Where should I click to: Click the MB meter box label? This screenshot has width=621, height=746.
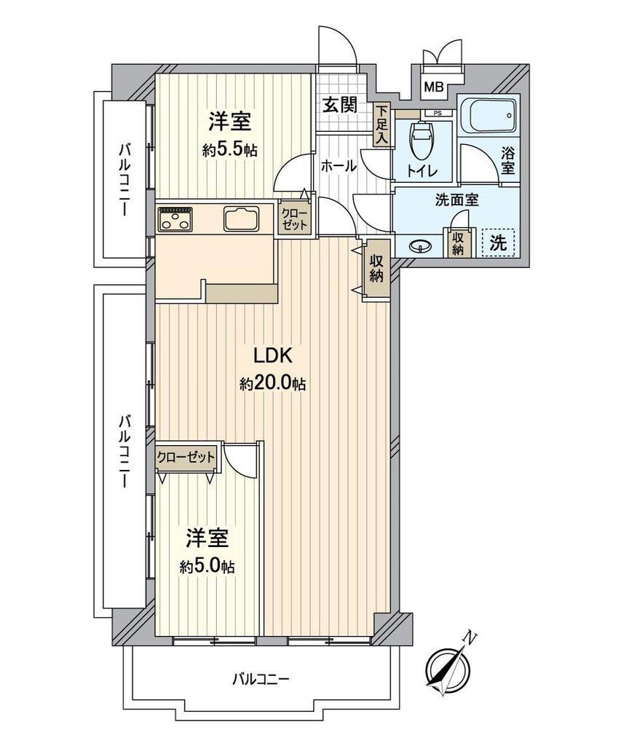(x=433, y=87)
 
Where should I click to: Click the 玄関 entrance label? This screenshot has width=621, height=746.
(x=340, y=105)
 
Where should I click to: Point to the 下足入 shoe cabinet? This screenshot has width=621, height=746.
(x=382, y=125)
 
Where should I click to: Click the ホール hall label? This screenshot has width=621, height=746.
(x=338, y=166)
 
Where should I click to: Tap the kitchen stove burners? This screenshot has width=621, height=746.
(x=176, y=219)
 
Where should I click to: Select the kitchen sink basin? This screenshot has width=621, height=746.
(x=242, y=219)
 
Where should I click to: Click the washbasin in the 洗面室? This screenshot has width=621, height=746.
(x=420, y=246)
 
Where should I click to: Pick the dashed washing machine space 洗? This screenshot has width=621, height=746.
(x=499, y=243)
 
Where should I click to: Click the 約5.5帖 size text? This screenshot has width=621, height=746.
(x=229, y=150)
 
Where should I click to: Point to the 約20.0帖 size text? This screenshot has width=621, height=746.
(x=272, y=383)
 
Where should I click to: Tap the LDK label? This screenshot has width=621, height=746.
(x=272, y=356)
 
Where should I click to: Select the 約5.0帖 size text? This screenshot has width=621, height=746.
(x=207, y=566)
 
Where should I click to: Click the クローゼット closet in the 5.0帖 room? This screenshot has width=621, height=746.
(x=186, y=458)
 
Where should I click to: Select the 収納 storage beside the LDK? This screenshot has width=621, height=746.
(x=376, y=270)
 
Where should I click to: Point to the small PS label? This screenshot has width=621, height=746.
(x=437, y=113)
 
